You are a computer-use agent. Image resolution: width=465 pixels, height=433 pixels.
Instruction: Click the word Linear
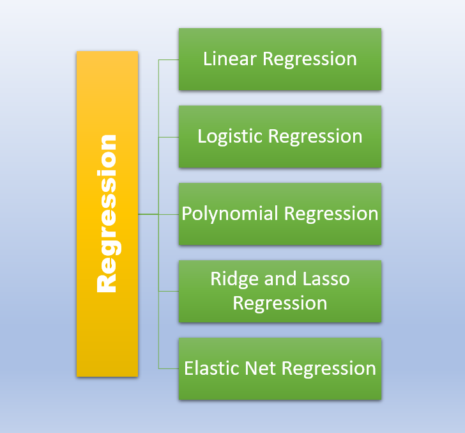pos(231,59)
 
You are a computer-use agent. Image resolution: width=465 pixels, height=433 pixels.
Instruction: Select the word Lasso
pos(328,279)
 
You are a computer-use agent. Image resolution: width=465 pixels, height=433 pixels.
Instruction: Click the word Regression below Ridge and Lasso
pos(280,303)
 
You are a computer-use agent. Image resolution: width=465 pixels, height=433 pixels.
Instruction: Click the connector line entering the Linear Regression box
pos(169,59)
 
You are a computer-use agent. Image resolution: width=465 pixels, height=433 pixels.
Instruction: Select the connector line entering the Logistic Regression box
pos(169,137)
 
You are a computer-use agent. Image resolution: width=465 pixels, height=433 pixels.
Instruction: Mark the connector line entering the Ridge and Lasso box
pos(169,291)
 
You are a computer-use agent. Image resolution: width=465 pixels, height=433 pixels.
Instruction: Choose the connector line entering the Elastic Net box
pos(169,368)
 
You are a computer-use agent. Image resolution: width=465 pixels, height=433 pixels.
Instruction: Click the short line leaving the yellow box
pos(148,214)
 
